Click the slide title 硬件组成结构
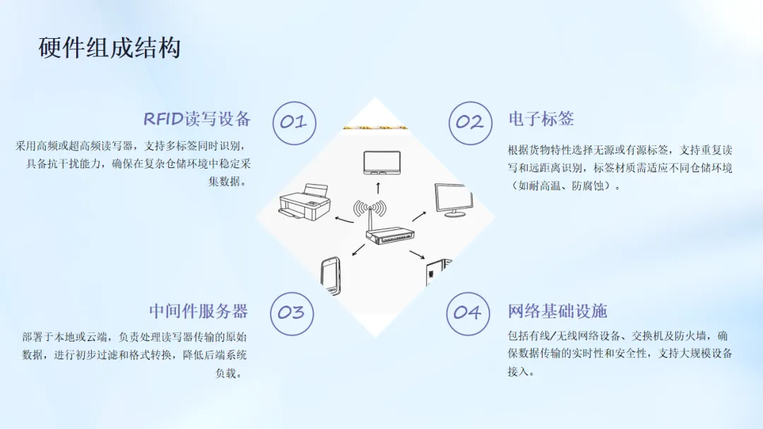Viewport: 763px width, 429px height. [110, 48]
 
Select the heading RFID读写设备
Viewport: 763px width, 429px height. [197, 119]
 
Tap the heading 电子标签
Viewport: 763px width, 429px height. [541, 119]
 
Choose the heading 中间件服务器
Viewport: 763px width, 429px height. [199, 311]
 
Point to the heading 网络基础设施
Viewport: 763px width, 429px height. [557, 311]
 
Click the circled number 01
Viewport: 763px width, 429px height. [294, 123]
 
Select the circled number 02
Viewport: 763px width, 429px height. [470, 123]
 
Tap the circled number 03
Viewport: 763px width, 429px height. [292, 313]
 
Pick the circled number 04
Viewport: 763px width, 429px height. [468, 313]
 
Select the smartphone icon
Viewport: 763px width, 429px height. [331, 275]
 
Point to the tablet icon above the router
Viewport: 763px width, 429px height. [382, 163]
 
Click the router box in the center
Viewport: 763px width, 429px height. [391, 236]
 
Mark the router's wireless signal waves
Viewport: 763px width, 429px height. [369, 208]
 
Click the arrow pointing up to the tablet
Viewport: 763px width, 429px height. [378, 188]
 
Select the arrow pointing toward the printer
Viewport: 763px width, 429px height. [344, 219]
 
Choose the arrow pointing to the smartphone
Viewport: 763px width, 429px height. [358, 250]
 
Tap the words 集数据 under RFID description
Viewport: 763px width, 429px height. [227, 181]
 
